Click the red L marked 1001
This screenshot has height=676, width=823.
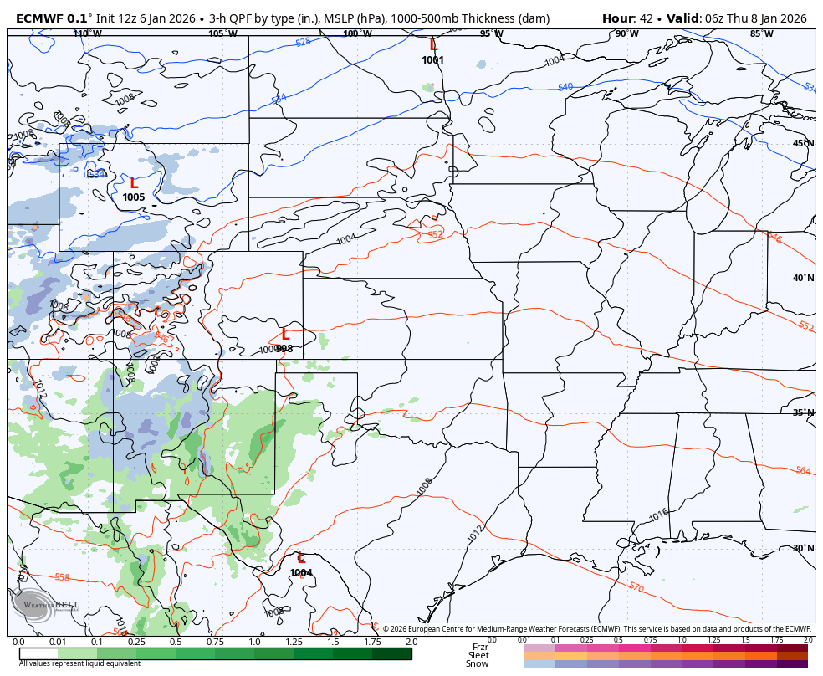[x=433, y=46]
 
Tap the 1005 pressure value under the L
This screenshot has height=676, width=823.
[x=134, y=197]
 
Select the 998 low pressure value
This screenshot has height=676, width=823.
[x=284, y=349]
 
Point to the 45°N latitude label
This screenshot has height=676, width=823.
[x=803, y=143]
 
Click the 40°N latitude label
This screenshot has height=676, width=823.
[x=803, y=279]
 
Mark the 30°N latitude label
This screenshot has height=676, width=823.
[x=803, y=548]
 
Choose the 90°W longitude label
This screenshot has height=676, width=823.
[x=626, y=34]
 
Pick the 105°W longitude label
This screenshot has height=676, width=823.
[x=222, y=34]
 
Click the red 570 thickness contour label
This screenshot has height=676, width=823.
[x=636, y=588]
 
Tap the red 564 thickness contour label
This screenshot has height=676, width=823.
[x=803, y=471]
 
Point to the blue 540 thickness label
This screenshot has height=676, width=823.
[x=565, y=87]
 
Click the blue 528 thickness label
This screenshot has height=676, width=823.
[x=303, y=41]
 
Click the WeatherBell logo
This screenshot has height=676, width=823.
[x=46, y=604]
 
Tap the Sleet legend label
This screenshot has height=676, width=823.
[x=478, y=655]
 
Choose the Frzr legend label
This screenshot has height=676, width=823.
[x=480, y=647]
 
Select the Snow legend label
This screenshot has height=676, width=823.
[x=478, y=664]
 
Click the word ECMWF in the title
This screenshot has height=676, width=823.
[x=40, y=18]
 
